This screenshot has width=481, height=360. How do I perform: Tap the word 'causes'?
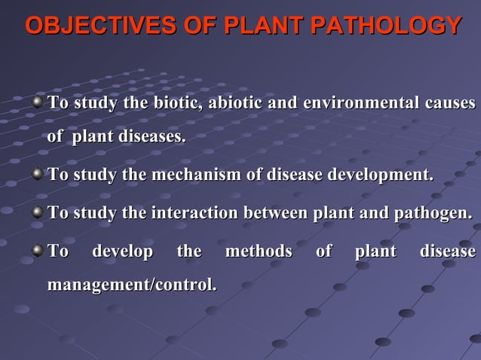click(x=449, y=102)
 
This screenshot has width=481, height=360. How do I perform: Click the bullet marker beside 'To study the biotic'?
click(x=37, y=102)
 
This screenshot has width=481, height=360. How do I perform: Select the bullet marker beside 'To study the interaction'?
click(x=37, y=213)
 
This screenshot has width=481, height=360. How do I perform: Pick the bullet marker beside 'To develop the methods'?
click(x=37, y=250)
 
